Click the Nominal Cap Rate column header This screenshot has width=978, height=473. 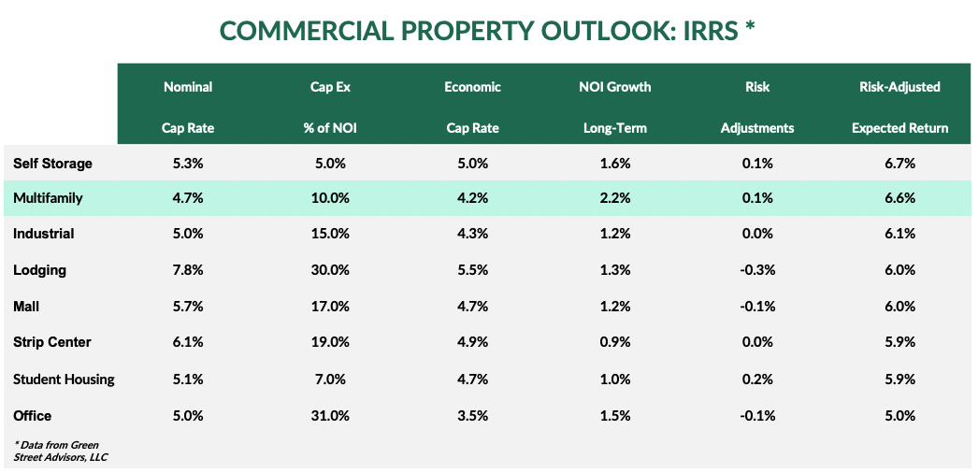188,107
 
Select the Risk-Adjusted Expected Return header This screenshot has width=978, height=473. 899,107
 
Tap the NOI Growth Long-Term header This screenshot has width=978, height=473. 614,107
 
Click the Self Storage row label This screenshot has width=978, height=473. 52,164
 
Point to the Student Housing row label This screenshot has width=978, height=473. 64,379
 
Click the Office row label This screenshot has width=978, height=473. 33,415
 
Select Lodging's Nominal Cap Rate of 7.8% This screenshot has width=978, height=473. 188,270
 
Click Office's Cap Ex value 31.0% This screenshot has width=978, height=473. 329,415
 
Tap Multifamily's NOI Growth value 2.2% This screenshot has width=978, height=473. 615,198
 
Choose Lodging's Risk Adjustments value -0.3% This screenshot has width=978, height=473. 757,270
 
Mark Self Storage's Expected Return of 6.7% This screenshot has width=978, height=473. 900,164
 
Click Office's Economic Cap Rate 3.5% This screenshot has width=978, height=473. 472,415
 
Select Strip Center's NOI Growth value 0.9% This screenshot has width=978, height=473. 615,342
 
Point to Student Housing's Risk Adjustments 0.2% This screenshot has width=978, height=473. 757,379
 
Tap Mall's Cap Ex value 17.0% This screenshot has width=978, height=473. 329,306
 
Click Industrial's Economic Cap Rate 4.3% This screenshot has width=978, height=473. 472,234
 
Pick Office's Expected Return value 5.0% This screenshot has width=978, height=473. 900,415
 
